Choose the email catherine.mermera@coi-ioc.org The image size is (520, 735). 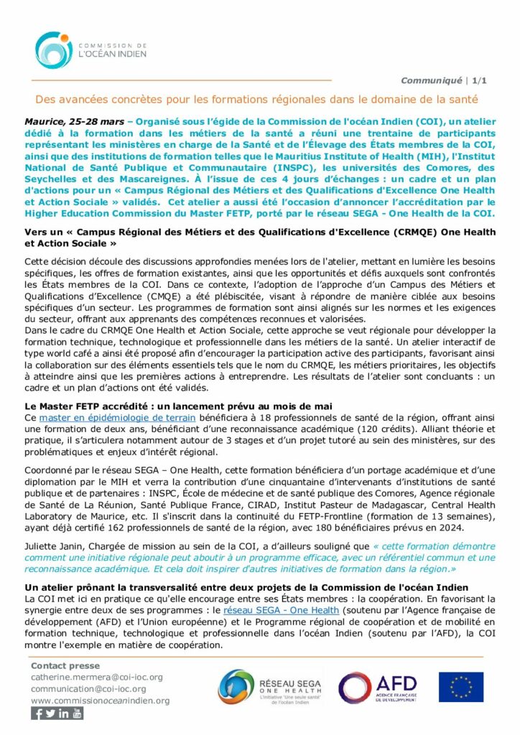[x=97, y=677]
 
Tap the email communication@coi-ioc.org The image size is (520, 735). [x=88, y=689]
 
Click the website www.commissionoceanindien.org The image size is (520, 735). [x=100, y=701]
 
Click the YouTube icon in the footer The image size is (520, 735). [x=77, y=713]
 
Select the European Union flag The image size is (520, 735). [x=461, y=687]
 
